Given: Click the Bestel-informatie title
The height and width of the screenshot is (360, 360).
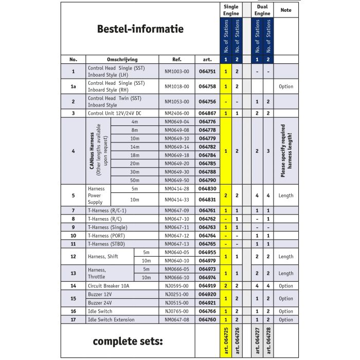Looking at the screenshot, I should click(x=140, y=29).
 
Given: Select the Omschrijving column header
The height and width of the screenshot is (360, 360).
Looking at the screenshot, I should click(x=122, y=60).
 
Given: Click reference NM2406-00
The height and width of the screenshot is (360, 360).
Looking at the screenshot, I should click(x=177, y=113).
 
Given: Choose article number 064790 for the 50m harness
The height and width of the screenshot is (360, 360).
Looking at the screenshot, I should click(x=207, y=180).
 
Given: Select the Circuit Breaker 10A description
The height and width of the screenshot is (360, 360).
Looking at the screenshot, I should click(x=109, y=285).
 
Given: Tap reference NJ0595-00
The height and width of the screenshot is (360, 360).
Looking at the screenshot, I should click(x=177, y=285).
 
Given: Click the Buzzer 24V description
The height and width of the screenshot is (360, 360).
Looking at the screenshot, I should click(x=100, y=303).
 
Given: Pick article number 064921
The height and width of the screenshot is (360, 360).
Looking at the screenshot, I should click(x=207, y=303).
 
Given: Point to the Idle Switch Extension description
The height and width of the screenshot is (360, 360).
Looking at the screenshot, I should click(x=111, y=320).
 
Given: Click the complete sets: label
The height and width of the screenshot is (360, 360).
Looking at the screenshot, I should click(x=128, y=341).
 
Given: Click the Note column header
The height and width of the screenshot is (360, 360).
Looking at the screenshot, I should click(x=286, y=10).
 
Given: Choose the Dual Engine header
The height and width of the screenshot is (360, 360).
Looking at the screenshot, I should click(x=263, y=10).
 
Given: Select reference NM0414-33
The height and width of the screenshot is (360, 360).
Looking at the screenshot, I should click(x=177, y=200).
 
